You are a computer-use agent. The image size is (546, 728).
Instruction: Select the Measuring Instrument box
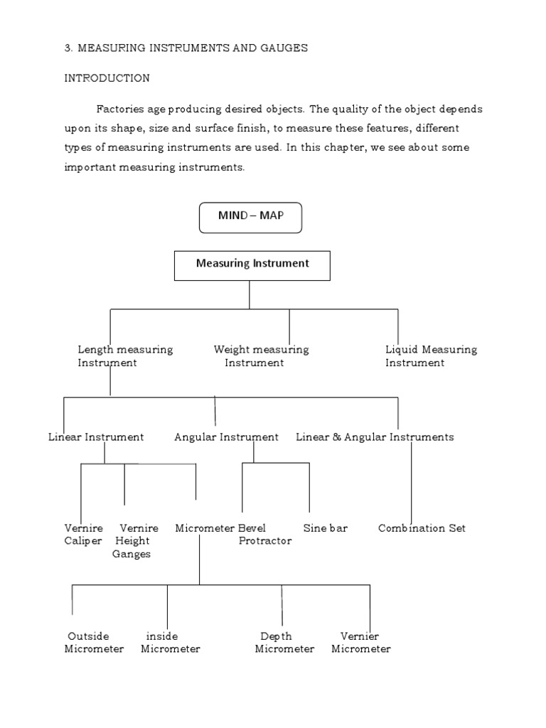pos(252,264)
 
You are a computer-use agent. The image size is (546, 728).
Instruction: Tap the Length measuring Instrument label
pos(124,356)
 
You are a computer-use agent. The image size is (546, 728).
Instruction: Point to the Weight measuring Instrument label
pos(260,356)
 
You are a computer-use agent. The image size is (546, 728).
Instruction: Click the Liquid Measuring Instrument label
pos(431,356)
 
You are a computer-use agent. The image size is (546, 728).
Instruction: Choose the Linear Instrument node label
pos(96,437)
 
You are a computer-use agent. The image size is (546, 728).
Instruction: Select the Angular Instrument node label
pos(226,437)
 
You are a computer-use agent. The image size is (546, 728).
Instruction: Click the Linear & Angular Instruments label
pos(375,437)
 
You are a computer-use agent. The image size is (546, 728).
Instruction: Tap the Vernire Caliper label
pos(83,535)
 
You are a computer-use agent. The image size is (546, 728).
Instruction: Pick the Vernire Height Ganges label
pos(135,541)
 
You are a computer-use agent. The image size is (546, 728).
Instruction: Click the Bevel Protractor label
pos(264,535)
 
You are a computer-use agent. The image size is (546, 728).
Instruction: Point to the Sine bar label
pos(325,528)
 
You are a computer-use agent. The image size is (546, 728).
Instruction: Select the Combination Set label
pos(422,528)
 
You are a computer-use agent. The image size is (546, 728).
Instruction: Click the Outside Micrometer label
pos(94,643)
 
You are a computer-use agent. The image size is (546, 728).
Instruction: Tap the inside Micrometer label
pos(170,643)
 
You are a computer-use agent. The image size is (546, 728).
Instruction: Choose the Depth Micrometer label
pos(284,643)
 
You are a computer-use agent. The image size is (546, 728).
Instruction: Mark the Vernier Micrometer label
pos(361,643)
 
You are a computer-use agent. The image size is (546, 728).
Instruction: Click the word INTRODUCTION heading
pos(107,78)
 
